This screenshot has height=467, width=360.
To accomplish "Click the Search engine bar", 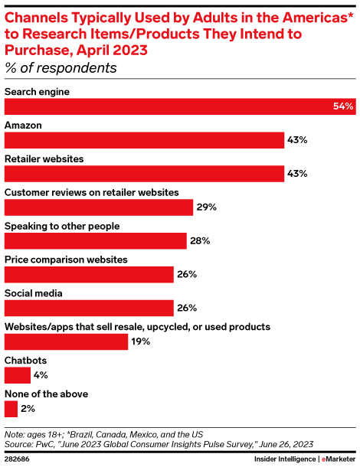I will tap(176, 106).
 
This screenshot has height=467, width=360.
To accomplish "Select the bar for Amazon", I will tap(144, 140).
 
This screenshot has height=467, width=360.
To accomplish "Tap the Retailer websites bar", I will tap(144, 174).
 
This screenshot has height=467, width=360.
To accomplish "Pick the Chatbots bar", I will tap(18, 375).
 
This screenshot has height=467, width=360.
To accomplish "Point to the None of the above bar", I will tap(11, 409).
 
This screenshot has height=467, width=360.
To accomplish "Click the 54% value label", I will tap(343, 106).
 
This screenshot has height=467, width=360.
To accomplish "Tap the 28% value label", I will tap(200, 241).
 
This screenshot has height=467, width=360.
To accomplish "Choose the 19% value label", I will tap(141, 341).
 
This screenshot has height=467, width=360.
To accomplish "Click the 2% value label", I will tap(29, 409).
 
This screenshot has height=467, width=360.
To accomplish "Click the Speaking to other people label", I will tap(62, 226).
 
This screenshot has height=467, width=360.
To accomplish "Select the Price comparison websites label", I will tap(66, 260).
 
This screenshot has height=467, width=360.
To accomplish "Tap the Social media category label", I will tap(34, 293).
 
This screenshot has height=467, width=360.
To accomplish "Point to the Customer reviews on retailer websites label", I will tap(92, 192).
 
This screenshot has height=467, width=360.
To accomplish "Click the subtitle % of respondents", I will tap(61, 68).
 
